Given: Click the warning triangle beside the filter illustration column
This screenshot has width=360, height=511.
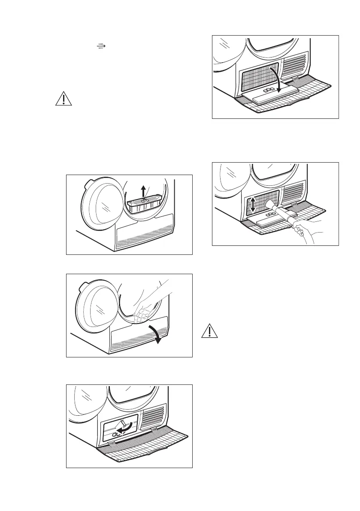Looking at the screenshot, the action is pos(64,99).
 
